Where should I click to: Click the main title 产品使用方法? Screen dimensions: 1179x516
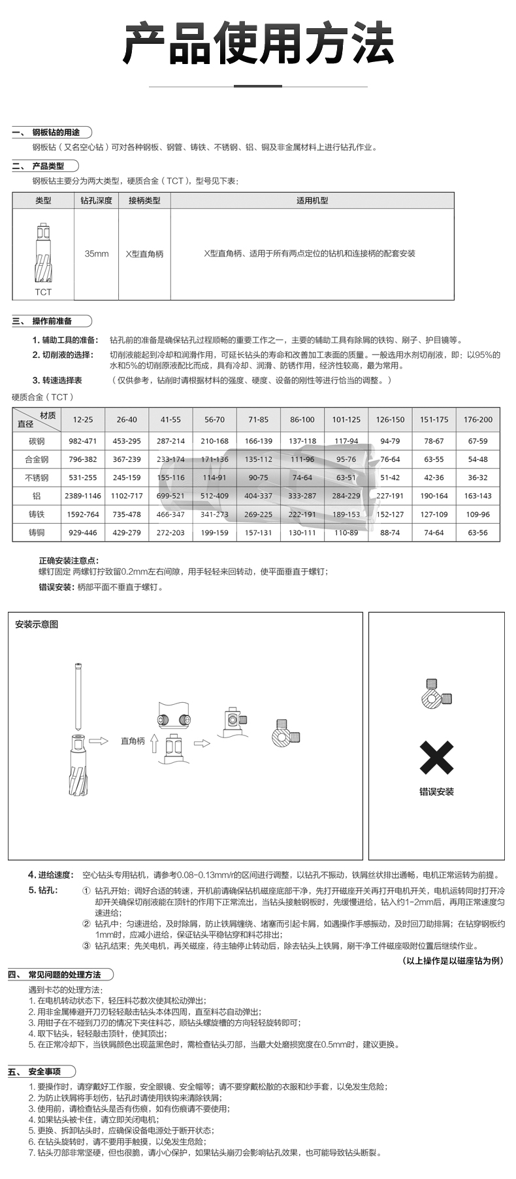(x=258, y=44)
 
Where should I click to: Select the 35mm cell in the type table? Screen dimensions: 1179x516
(x=97, y=253)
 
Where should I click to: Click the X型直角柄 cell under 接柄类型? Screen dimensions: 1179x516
(x=144, y=253)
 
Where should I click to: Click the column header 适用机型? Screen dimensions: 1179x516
(x=312, y=201)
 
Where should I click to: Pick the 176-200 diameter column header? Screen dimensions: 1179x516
(x=477, y=419)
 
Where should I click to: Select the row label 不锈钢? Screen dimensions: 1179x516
(x=37, y=477)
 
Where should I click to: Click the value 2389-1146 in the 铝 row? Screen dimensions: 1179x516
(x=83, y=496)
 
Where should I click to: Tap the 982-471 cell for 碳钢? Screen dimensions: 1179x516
(x=83, y=441)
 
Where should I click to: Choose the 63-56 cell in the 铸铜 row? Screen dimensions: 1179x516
(x=477, y=532)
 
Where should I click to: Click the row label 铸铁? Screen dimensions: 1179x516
(x=37, y=514)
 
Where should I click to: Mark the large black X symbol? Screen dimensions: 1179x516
(x=436, y=758)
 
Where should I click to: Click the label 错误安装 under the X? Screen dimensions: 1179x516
(x=436, y=792)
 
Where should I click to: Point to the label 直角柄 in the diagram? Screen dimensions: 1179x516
(x=133, y=741)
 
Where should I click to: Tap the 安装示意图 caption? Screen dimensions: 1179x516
(x=37, y=624)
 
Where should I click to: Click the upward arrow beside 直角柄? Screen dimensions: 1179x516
(x=154, y=743)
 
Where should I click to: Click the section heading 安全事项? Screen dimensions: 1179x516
(x=44, y=1072)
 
